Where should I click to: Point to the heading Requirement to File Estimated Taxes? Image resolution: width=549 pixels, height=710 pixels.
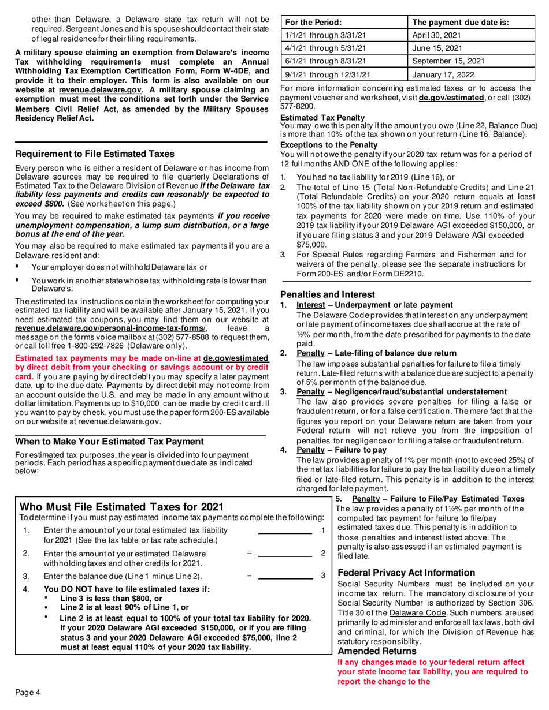pos(95,155)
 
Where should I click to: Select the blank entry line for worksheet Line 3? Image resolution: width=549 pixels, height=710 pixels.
pos(285,576)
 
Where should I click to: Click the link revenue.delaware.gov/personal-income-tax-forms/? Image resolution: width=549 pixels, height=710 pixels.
pos(109,328)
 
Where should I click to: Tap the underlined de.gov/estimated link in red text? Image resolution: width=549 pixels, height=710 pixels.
pos(236,358)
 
